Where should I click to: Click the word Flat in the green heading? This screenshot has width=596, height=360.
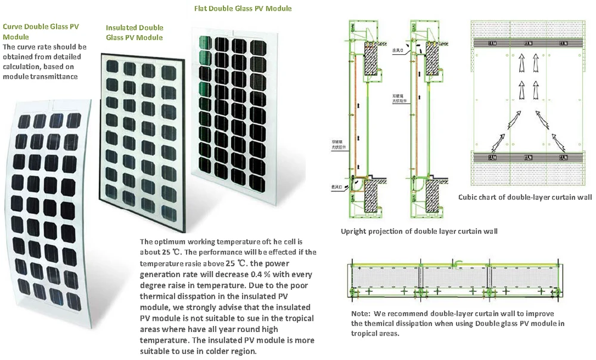203,9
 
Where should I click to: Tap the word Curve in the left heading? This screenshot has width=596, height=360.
14,26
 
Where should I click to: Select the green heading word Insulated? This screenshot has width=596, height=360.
122,27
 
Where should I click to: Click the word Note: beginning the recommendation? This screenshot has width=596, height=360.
361,313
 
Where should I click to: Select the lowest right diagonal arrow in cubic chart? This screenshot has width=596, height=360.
558,143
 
